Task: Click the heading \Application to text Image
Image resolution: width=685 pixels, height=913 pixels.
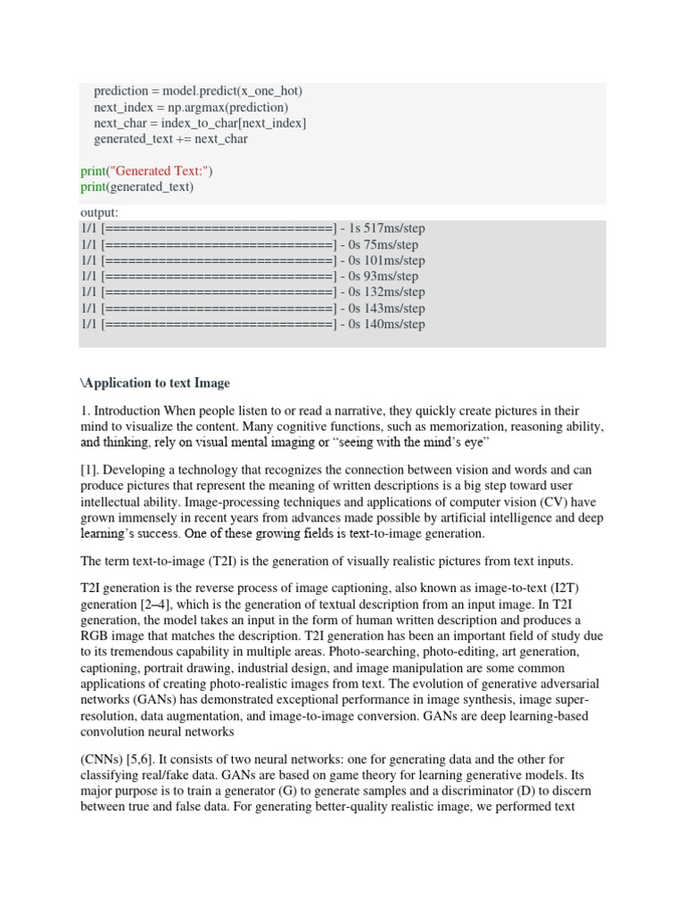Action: (155, 383)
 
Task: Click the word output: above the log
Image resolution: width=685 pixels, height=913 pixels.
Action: (99, 213)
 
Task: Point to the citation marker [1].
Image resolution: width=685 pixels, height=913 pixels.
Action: (88, 470)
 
